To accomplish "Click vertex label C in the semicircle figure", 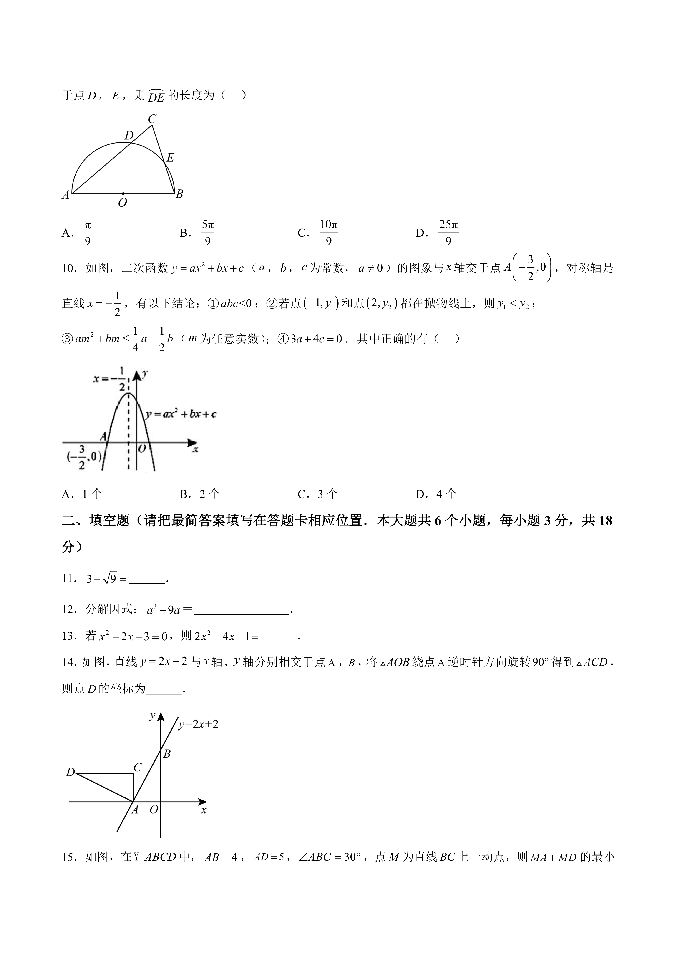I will [x=152, y=119].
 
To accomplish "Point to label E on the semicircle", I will [x=170, y=157].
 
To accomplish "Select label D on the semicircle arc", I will [x=129, y=135].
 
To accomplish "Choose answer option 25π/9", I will [x=448, y=233].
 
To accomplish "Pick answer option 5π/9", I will [x=208, y=233].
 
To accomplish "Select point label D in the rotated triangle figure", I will [x=70, y=772].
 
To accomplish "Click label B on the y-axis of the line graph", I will [x=167, y=754].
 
